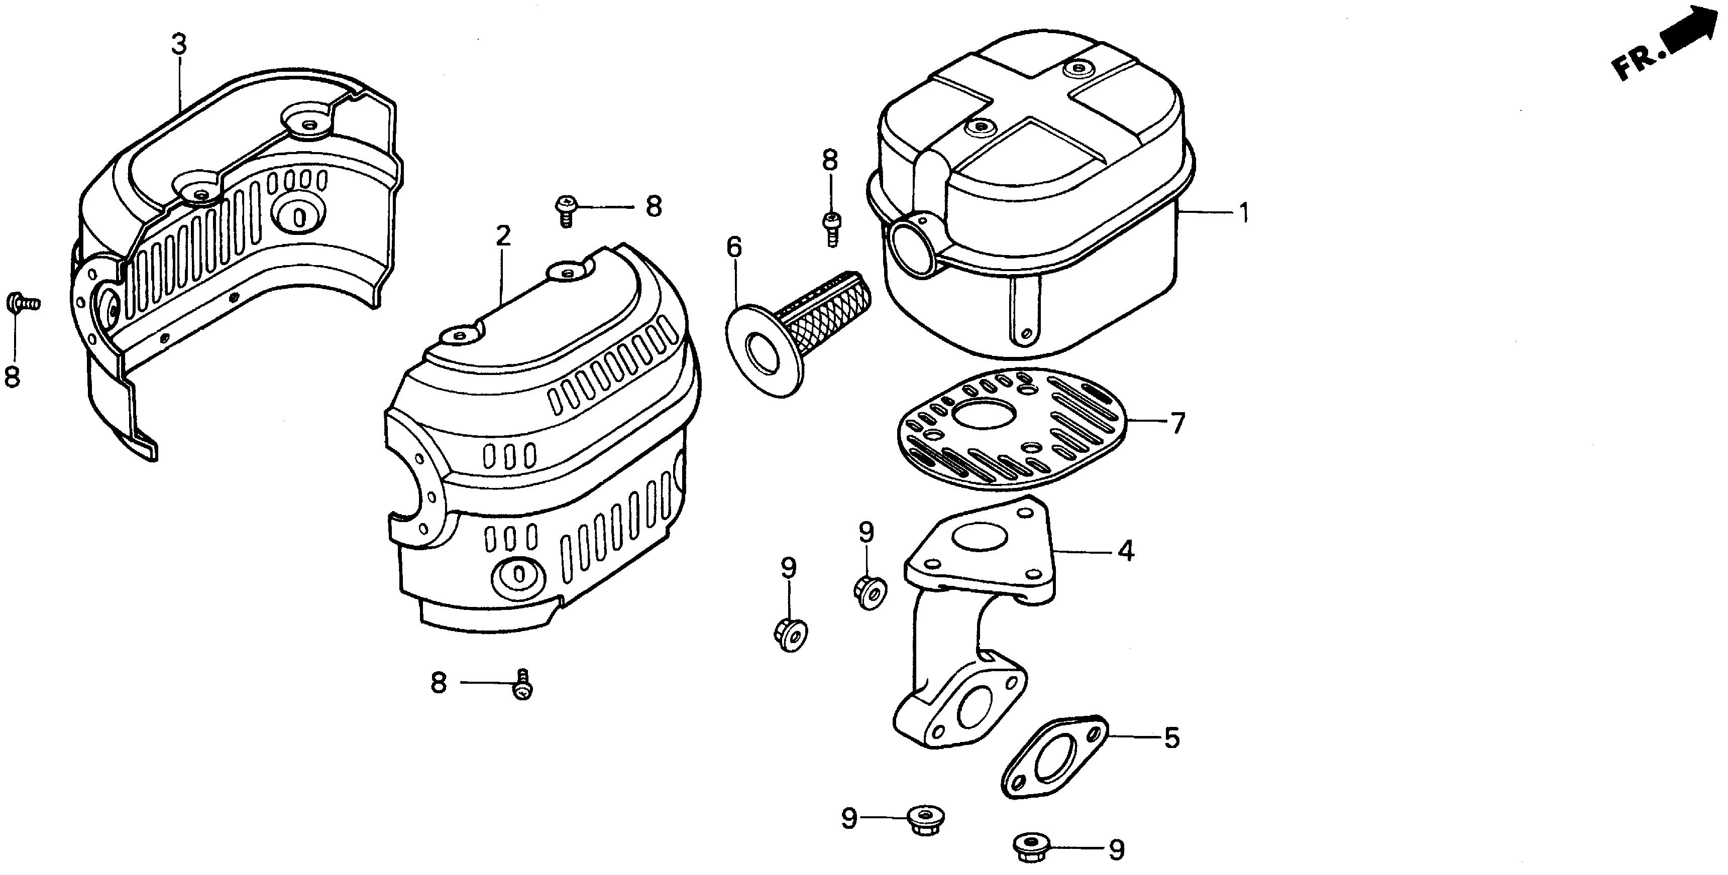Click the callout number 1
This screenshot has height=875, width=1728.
(x=1244, y=214)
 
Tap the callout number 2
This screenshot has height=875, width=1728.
(x=503, y=235)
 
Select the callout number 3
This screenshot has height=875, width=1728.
(x=178, y=44)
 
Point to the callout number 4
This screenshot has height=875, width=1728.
(x=1126, y=551)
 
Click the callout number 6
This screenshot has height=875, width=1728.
(x=734, y=247)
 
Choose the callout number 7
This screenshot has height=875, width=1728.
(x=1178, y=423)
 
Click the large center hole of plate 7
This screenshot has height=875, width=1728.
(x=985, y=414)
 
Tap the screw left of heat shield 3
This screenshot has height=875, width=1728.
(x=22, y=304)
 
